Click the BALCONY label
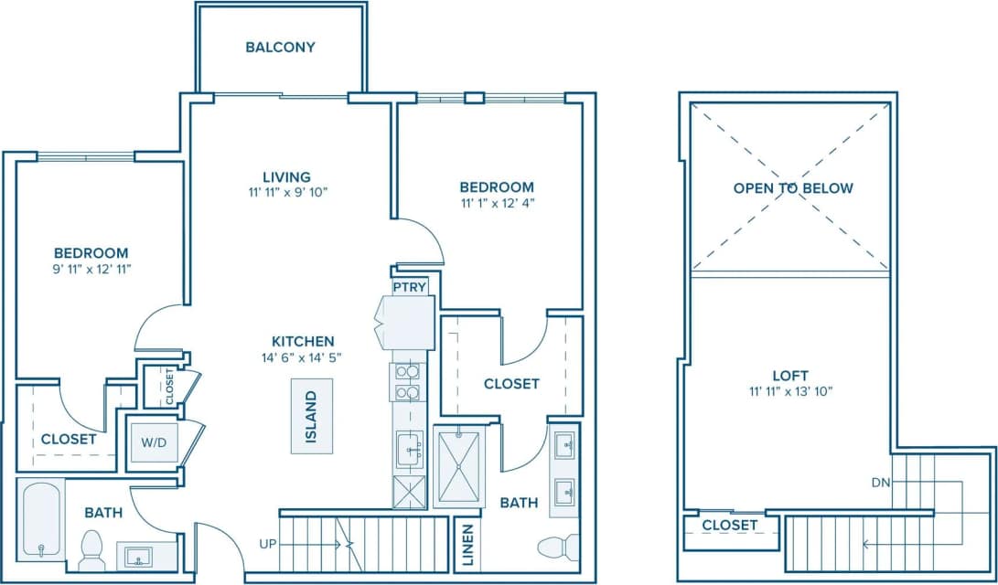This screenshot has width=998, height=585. coord(280,47)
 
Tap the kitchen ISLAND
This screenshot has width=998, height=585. coord(311,416)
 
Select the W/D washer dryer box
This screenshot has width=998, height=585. coord(153,443)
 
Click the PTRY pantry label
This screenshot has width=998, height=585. coord(410,287)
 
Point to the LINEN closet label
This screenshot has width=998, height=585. coord(467,546)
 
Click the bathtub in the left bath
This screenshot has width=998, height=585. coord(39,520)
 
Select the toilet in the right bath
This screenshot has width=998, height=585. coord(557,548)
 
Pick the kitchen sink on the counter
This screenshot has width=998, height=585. coord(410,449)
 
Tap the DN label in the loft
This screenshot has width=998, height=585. coord(878,483)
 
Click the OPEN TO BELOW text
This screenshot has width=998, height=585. coord(793,188)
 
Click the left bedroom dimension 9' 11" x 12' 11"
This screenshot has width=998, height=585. coord(91,269)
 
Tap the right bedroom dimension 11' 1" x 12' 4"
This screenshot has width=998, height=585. coord(496,203)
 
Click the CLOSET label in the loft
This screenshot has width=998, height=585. coord(729,525)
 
